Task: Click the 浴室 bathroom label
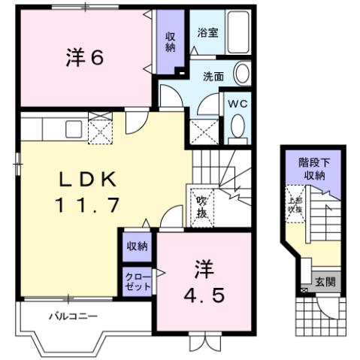point(207,32)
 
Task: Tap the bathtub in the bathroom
point(239,33)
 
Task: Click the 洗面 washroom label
point(213,76)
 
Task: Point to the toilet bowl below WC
point(237,129)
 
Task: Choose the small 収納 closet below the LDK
point(137,246)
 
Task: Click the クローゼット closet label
point(137,281)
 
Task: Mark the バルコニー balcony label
point(74,316)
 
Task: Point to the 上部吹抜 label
point(295,204)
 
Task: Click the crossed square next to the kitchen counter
point(99,129)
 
